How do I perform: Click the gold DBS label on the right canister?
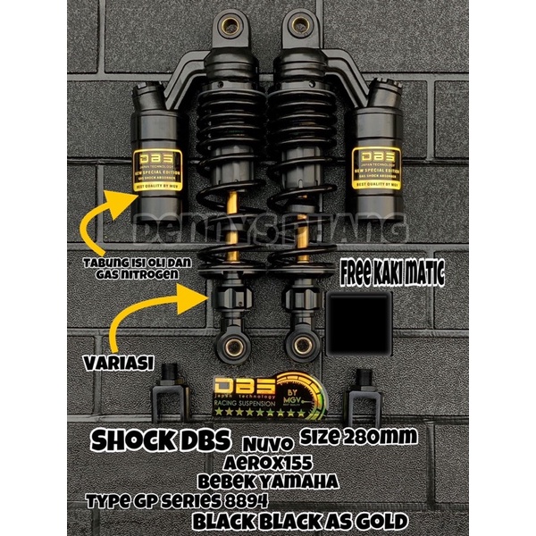[x=377, y=165]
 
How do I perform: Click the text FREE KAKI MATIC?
[x=392, y=269]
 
